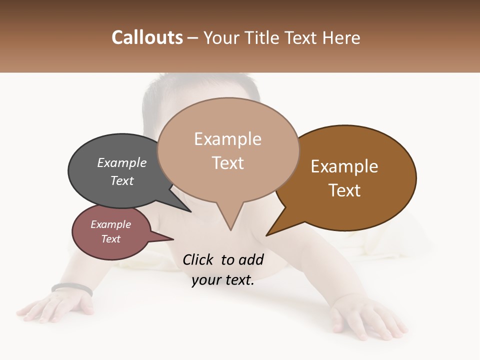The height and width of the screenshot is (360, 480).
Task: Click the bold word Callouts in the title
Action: (x=147, y=37)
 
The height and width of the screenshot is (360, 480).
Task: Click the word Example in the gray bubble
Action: (x=122, y=163)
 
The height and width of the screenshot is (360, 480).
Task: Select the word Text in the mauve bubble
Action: (x=111, y=239)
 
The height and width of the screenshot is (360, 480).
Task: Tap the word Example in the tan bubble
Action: (x=228, y=139)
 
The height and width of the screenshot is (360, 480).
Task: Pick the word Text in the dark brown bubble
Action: (x=344, y=190)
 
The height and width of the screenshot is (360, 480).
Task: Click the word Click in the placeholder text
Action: (x=198, y=259)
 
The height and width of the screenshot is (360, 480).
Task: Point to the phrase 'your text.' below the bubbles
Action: (x=223, y=280)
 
